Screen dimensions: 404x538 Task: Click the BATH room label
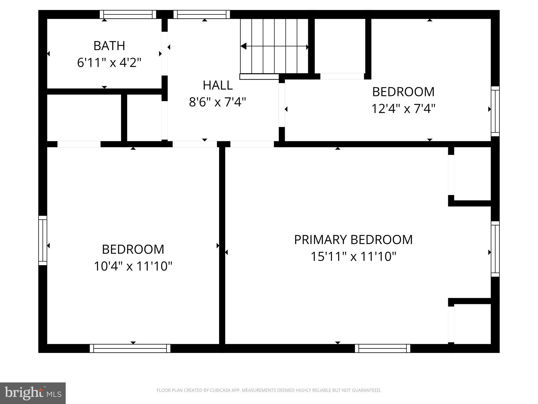pyautogui.click(x=109, y=46)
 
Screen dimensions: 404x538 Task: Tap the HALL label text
pyautogui.click(x=218, y=85)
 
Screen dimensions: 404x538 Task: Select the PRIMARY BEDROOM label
pyautogui.click(x=353, y=240)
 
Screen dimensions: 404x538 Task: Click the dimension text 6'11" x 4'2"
pyautogui.click(x=109, y=63)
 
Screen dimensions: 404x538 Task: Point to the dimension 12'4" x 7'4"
pyautogui.click(x=403, y=109)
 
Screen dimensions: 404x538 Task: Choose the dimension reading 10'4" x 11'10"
pyautogui.click(x=133, y=266)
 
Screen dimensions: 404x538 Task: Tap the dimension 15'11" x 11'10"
pyautogui.click(x=353, y=256)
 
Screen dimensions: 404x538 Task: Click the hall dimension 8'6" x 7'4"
pyautogui.click(x=218, y=102)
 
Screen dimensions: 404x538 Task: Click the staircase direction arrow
pyautogui.click(x=274, y=47)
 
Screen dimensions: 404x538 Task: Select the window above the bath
pyautogui.click(x=128, y=14)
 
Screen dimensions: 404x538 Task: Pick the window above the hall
pyautogui.click(x=202, y=14)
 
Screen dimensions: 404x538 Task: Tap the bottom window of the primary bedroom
pyautogui.click(x=382, y=348)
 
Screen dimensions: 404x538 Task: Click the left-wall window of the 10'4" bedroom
pyautogui.click(x=43, y=240)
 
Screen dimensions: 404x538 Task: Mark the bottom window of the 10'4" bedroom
pyautogui.click(x=130, y=348)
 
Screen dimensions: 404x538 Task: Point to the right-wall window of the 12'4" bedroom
pyautogui.click(x=495, y=111)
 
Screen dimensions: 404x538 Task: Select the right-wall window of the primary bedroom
pyautogui.click(x=495, y=249)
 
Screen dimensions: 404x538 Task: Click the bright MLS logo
pyautogui.click(x=33, y=393)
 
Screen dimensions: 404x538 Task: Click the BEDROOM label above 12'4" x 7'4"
pyautogui.click(x=403, y=92)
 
